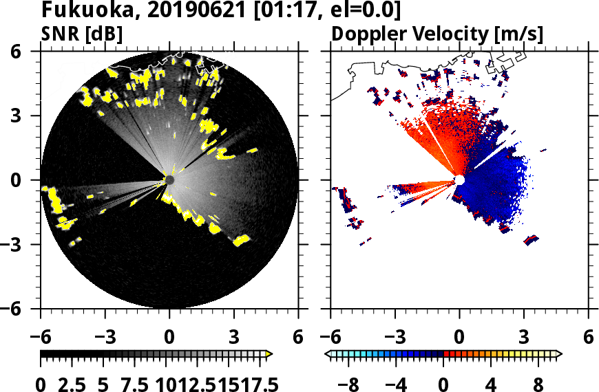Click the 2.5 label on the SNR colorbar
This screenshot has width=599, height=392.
pyautogui.click(x=75, y=384)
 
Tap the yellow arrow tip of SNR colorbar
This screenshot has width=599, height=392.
pyautogui.click(x=269, y=354)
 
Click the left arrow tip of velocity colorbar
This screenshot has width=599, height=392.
pyautogui.click(x=328, y=354)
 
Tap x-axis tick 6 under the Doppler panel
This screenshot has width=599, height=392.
pyautogui.click(x=588, y=338)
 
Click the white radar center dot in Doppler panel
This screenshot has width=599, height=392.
pyautogui.click(x=459, y=180)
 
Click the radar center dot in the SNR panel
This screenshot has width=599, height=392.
pyautogui.click(x=169, y=180)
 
